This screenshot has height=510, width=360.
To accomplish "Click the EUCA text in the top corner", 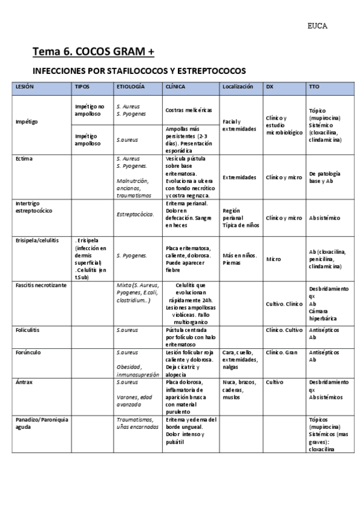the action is coord(317,26).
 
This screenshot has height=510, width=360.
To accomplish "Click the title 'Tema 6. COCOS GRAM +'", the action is coord(93,52).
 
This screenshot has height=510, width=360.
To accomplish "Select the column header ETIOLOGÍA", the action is coord(130,87).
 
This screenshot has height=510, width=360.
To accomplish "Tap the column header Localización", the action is coord(237,87).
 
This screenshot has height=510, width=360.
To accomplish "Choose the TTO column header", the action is coord(314,87).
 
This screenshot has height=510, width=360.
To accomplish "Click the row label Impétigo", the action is coord(26,121).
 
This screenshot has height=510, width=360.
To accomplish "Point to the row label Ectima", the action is coord(23,159).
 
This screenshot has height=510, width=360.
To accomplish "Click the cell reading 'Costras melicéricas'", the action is coord(189,111).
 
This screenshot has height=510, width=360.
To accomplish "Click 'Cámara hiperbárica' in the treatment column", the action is coord(323,315).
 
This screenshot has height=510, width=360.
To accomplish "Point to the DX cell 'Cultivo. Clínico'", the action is coord(284,304).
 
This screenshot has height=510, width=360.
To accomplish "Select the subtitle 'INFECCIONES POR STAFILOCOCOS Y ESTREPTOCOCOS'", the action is coord(139,71).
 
